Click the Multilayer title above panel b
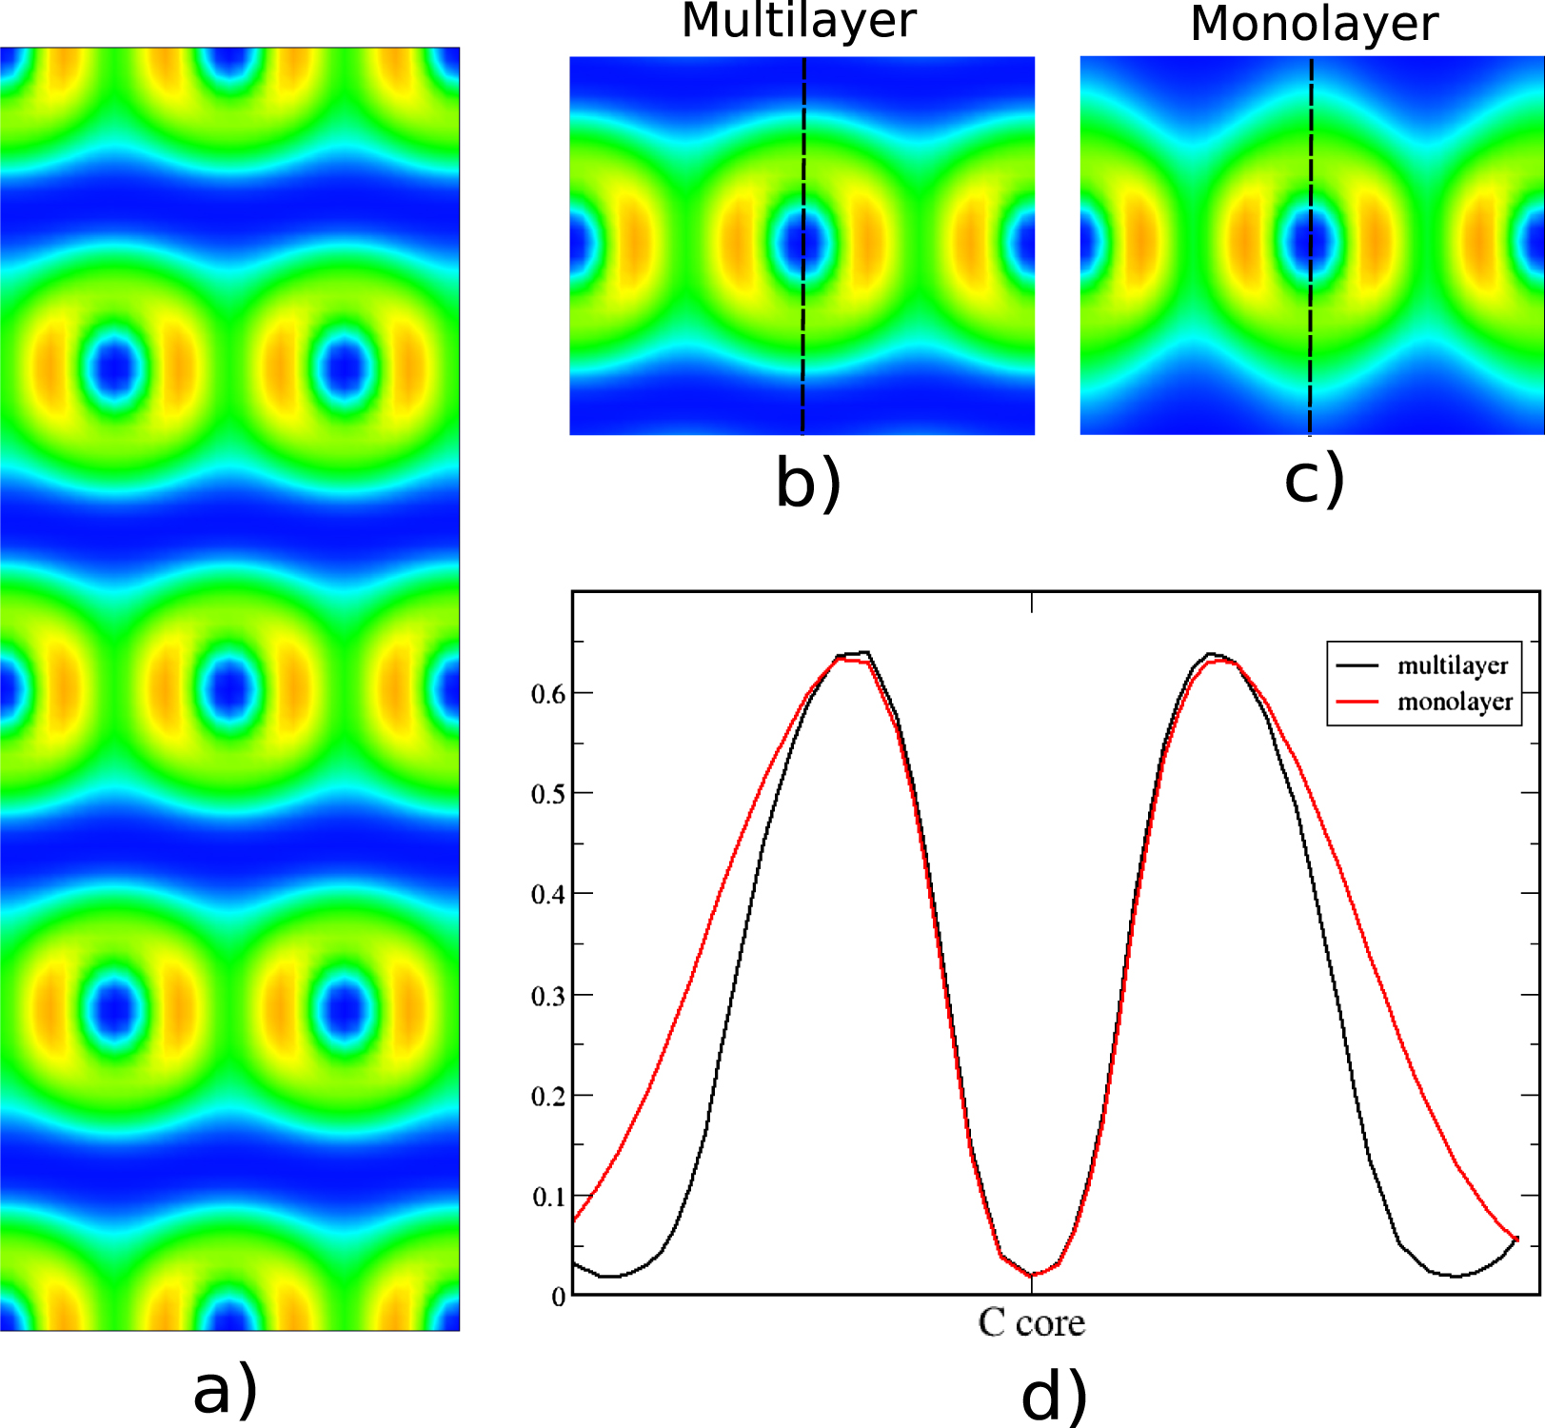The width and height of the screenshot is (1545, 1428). pos(799,21)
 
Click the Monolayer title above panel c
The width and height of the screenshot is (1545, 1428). pos(1314,24)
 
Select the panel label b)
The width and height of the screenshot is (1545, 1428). pos(808,482)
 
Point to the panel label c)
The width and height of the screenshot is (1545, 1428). pos(1314,478)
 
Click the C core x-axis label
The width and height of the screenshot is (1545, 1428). pos(1032,1322)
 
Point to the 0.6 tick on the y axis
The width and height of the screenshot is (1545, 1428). pos(547,694)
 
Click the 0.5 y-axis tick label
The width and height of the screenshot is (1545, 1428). pos(547,794)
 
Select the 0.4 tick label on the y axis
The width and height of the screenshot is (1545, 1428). pos(547,895)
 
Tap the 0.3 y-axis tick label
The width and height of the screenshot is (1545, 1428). pos(547,997)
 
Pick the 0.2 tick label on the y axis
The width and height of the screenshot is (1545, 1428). pos(547,1097)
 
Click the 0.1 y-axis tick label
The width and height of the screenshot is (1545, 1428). pos(547,1198)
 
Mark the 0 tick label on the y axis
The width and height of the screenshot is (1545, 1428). pos(558,1298)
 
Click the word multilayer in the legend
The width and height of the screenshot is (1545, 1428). pos(1453,665)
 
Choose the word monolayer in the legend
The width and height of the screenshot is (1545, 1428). pos(1455,702)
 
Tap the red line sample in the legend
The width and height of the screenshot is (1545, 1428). pos(1357,702)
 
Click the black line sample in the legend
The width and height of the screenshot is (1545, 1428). pos(1357,665)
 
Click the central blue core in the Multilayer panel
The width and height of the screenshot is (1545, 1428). pos(802,243)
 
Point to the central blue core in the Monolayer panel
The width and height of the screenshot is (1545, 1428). pos(1311,242)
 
